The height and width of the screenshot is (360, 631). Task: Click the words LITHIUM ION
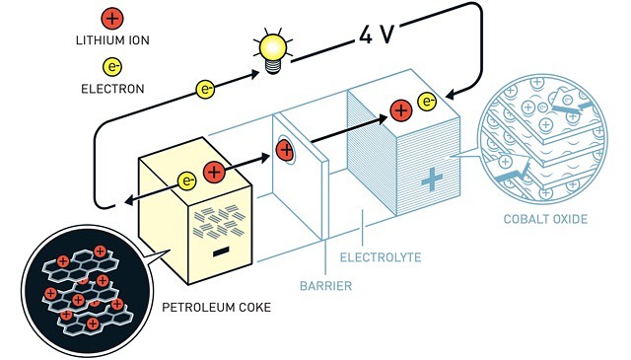pos(111,40)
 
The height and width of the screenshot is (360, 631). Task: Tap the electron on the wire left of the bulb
pos(206,89)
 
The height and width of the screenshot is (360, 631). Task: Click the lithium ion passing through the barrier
pos(285,150)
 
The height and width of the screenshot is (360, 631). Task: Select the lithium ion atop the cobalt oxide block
pos(400,110)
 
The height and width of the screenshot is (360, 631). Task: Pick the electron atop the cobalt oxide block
pos(427,101)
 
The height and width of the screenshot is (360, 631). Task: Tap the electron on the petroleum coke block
pos(186,180)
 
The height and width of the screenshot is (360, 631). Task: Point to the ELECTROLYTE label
pos(380,258)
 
